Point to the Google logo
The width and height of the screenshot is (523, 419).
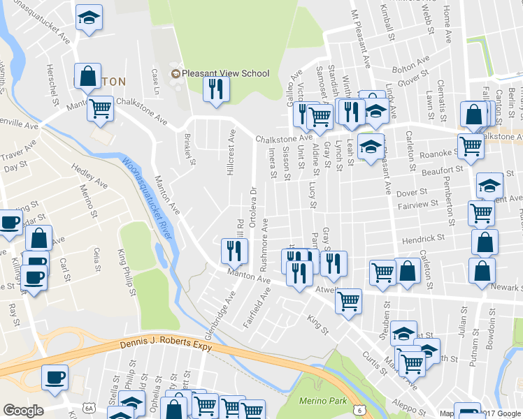[23, 411]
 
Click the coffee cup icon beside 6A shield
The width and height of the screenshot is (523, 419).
[55, 377]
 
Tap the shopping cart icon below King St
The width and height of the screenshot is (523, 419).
[348, 301]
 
